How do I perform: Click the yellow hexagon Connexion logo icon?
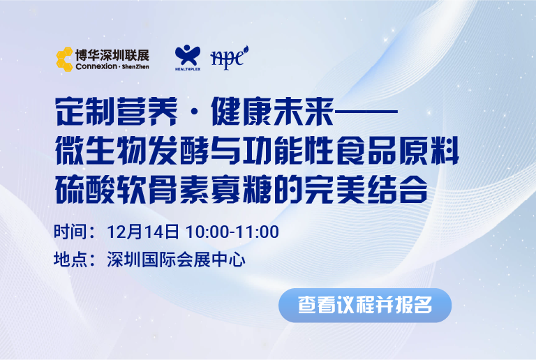pos(65,59)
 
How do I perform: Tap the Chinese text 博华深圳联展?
pos(112,55)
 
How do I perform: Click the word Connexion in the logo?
pos(96,66)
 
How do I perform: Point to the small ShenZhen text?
pos(135,66)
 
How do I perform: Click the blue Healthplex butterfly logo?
pos(188,57)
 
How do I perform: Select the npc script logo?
pos(229,57)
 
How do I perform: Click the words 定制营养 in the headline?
pos(117,112)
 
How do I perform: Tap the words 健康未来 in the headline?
pos(272,112)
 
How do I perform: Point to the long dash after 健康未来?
pos(366,111)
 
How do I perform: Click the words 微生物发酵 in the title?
pos(133,151)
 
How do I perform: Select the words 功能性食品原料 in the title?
pos(351,151)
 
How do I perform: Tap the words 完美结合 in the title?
pos(366,190)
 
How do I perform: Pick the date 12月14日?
pos(143,232)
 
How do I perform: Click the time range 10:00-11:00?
pos(232,232)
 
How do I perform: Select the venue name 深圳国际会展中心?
pos(177,260)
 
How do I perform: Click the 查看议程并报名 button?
pos(365,306)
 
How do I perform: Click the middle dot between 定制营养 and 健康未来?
pos(194,112)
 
